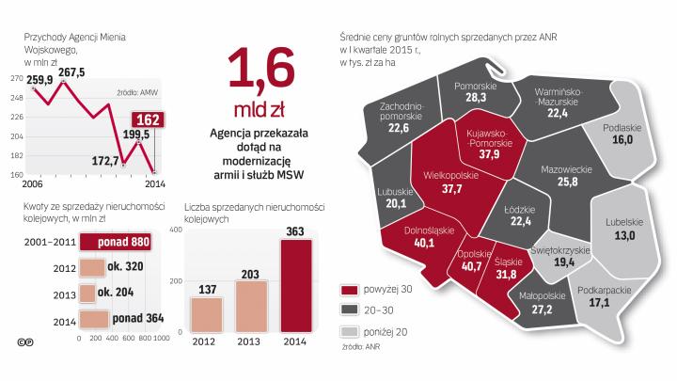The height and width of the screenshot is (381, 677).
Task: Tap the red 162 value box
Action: [x=146, y=120]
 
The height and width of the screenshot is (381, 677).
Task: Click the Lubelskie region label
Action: [x=616, y=221]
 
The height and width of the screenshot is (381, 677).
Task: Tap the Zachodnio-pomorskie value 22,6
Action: [x=399, y=127]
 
